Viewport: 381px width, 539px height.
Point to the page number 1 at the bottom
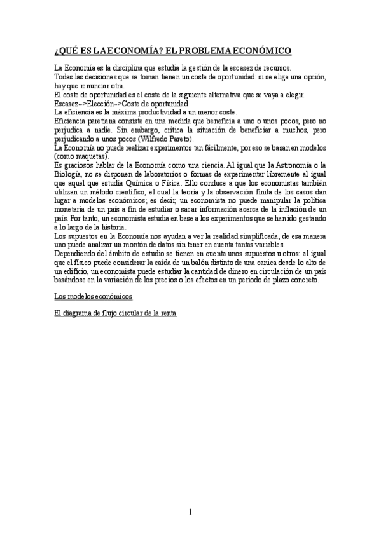click(190, 511)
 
